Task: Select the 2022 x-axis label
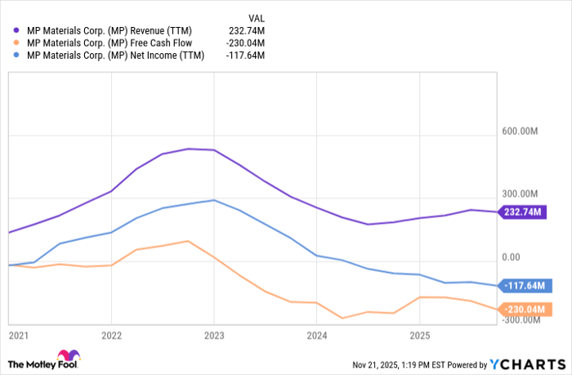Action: point(111,336)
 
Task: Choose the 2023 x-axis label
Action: point(214,336)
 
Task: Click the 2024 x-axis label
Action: point(317,336)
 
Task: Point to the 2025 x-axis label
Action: point(419,336)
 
